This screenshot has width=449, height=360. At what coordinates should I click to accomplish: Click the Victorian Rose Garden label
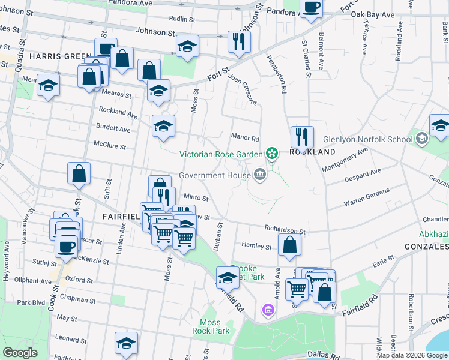(221, 154)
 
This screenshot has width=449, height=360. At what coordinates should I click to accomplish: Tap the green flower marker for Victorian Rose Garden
(272, 154)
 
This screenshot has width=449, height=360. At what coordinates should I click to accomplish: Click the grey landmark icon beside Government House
(260, 175)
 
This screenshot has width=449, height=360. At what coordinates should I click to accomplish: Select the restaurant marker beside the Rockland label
(302, 137)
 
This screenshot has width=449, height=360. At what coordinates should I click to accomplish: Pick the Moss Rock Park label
(211, 326)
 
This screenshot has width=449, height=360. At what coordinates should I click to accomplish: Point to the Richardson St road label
(285, 230)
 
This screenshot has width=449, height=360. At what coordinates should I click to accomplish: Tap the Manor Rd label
(245, 137)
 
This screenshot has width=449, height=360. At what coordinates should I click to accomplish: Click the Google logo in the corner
(20, 353)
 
